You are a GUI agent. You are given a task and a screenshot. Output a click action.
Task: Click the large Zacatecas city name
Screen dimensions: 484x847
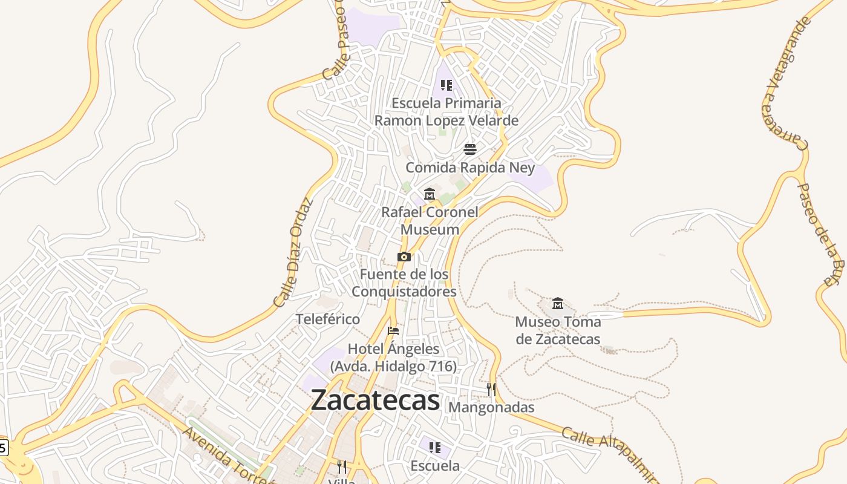click(375, 400)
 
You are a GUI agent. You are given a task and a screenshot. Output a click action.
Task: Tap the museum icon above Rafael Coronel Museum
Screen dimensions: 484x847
click(430, 194)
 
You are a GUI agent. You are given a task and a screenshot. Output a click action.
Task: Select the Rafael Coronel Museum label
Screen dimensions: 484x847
click(430, 221)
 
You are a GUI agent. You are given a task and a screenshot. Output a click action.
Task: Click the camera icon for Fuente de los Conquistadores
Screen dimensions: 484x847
click(404, 257)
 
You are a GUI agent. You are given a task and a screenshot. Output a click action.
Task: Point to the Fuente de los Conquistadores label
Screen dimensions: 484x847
click(404, 283)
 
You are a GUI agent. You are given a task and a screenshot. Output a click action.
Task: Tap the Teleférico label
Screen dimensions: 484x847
click(327, 319)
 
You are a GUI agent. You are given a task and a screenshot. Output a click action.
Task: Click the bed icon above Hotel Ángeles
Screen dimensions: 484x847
click(393, 331)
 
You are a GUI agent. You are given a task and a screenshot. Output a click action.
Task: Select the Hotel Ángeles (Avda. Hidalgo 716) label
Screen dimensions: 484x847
click(393, 358)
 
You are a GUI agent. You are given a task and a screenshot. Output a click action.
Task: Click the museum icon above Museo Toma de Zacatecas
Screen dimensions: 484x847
click(558, 303)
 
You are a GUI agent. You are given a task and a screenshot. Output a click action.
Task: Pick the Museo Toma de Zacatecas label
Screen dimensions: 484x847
click(558, 330)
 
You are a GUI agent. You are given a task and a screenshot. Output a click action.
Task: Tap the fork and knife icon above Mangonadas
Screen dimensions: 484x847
click(491, 389)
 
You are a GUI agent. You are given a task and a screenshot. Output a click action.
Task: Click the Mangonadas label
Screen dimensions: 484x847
click(491, 407)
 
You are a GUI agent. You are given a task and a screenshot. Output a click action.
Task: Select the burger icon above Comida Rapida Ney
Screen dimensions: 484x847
click(470, 149)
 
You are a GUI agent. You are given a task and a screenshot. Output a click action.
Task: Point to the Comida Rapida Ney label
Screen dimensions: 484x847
click(470, 167)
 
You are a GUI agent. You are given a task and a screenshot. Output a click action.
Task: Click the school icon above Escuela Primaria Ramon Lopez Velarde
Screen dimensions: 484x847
click(446, 85)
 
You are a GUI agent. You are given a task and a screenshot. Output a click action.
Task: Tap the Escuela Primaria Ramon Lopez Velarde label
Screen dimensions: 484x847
click(446, 112)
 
